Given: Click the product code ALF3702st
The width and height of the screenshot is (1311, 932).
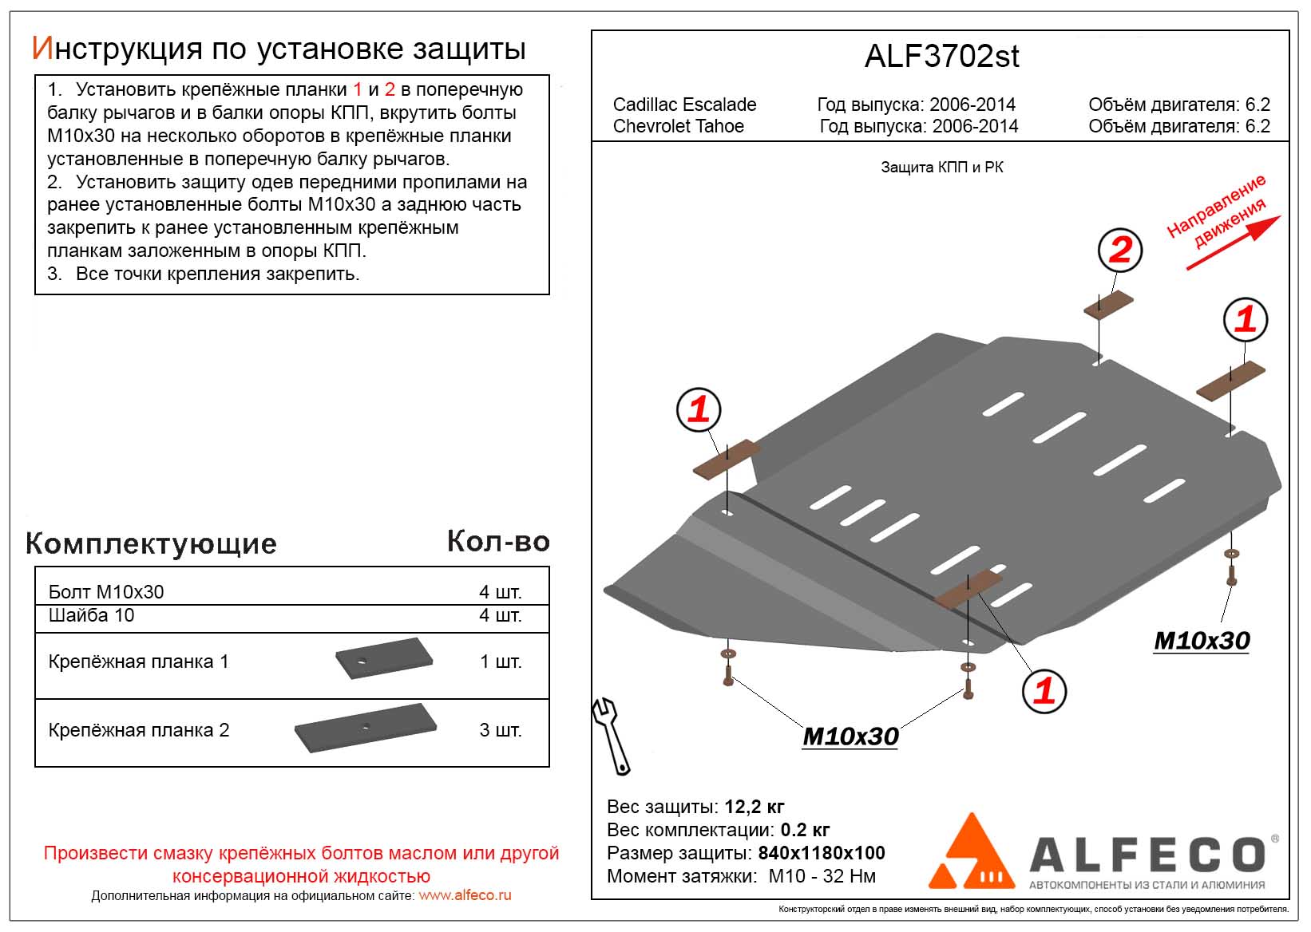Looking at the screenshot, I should (x=941, y=57).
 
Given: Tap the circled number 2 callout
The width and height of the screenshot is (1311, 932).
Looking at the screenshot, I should (x=1120, y=251).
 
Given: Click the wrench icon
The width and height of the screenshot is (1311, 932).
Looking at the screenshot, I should (x=611, y=735).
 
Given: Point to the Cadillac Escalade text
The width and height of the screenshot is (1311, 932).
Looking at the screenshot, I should (x=684, y=105).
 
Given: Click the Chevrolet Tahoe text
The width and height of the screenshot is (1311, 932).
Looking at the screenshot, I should (x=678, y=126).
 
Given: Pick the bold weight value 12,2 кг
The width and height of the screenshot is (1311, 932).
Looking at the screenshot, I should (x=755, y=807).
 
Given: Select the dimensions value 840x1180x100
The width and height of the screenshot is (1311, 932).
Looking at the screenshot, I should (x=821, y=853).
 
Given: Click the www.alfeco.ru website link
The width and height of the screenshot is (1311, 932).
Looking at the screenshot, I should (x=465, y=895).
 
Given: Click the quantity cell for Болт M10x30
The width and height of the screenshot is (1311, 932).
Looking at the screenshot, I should (x=500, y=592).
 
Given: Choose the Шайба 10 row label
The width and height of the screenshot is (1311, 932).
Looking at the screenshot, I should (x=91, y=615).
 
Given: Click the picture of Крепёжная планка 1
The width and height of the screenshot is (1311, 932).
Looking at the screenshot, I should (x=384, y=658).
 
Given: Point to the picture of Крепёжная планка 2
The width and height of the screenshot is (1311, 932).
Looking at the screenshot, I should (x=366, y=727).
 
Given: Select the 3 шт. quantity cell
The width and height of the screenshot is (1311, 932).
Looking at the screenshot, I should (x=500, y=730).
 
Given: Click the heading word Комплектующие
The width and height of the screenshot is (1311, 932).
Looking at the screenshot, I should (x=151, y=543).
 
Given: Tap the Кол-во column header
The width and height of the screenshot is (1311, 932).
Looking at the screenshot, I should (x=498, y=542).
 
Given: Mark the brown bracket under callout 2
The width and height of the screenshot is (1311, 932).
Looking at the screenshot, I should (x=1108, y=305).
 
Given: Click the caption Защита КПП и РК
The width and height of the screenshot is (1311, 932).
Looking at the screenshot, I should (x=941, y=168).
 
